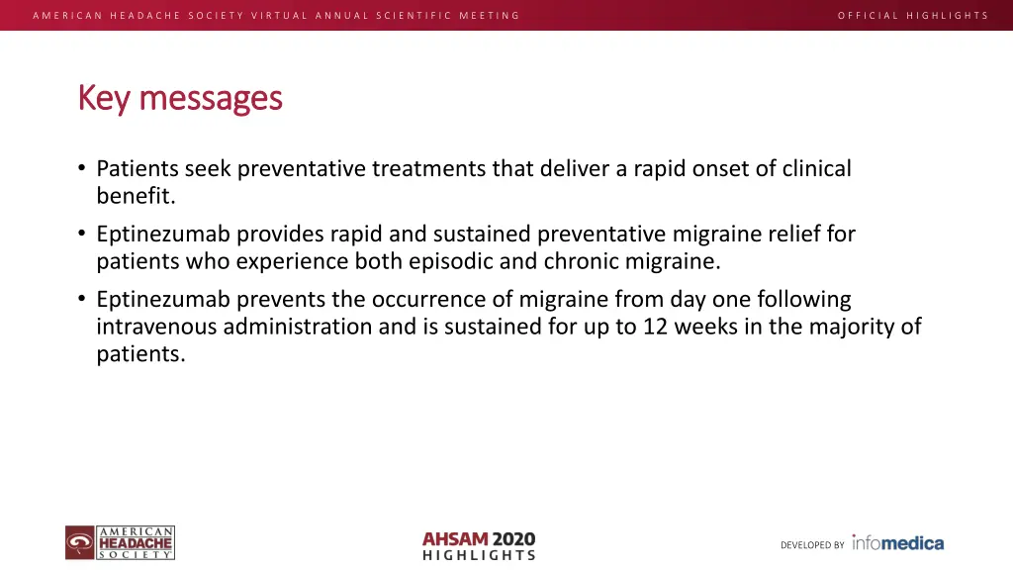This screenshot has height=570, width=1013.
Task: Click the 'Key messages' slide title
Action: click(x=180, y=98)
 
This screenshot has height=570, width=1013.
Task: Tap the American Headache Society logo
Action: click(x=121, y=543)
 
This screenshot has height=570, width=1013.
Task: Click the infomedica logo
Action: click(x=897, y=542)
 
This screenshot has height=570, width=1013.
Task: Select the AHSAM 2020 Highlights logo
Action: click(x=479, y=545)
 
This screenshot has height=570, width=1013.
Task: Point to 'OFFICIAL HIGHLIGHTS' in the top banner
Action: click(x=912, y=15)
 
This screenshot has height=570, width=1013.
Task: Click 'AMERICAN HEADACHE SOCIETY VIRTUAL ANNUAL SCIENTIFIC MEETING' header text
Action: click(x=276, y=15)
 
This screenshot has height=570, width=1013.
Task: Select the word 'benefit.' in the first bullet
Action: click(x=136, y=195)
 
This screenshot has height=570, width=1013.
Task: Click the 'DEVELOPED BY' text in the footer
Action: click(x=812, y=545)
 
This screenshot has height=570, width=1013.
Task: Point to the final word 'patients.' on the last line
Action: click(x=140, y=353)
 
